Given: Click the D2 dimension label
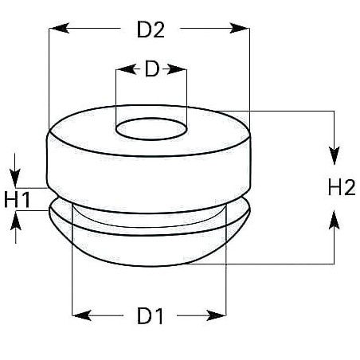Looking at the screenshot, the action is coord(151,29).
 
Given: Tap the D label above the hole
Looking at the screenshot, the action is coord(152,69).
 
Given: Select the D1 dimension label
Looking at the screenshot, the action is coord(150,315).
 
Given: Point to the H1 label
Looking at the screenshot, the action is coord(17,199).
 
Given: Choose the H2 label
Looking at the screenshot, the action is coord(342,187).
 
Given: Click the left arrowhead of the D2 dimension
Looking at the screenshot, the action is coord(59,28).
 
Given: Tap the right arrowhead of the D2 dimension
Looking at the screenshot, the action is coord(240,28).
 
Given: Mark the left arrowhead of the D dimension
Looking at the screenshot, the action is coord(126,69).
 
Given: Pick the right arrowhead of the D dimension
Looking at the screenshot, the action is coord(177,69).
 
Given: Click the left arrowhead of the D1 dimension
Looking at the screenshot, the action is coord(82,315).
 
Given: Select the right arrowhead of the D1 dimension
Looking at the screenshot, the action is coord(216,315).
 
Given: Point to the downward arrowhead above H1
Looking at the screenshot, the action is coord(15,178).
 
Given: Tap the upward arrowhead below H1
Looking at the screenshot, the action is coord(16,221).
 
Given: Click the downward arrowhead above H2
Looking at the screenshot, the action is coord(335,155).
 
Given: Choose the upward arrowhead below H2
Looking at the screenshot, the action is coord(335,219).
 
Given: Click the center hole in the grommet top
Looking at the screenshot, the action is coord(151,129).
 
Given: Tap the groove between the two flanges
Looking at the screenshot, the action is coord(150,218).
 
